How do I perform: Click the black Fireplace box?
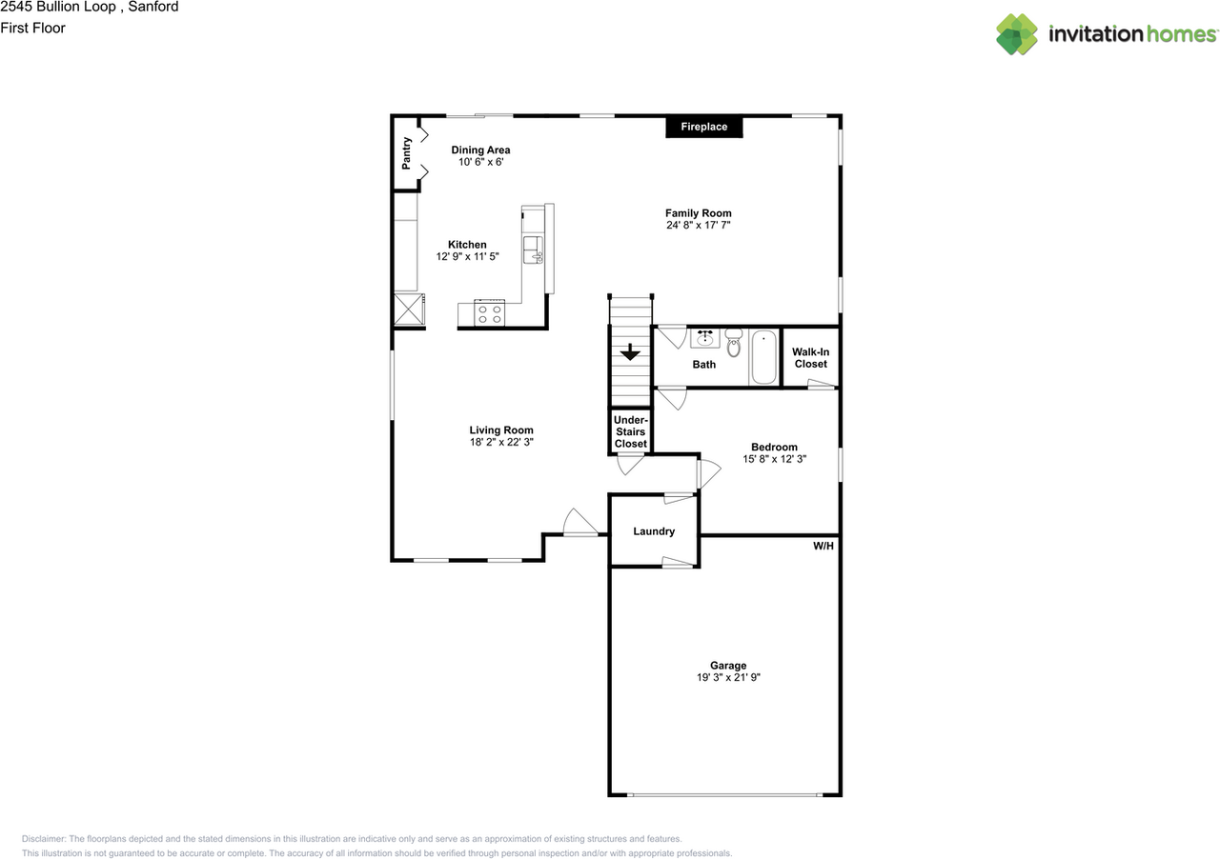point(703,127)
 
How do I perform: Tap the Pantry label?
point(407,153)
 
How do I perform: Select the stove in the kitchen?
point(490,313)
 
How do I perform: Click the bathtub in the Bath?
point(763,357)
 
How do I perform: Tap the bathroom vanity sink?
point(705,339)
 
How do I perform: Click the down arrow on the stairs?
point(630,353)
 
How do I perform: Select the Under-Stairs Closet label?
point(630,431)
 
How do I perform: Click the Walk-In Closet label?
point(810,358)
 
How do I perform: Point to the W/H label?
point(823,547)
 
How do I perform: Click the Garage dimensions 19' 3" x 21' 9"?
point(728,678)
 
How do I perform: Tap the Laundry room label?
point(654,531)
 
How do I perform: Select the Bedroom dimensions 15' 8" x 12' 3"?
point(774,459)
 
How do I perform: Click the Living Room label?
point(501,430)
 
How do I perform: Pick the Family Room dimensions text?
point(699,226)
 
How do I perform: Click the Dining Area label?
point(480,150)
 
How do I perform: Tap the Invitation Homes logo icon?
point(1017,34)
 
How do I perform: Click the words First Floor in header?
point(33,28)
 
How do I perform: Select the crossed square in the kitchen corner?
point(410,310)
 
